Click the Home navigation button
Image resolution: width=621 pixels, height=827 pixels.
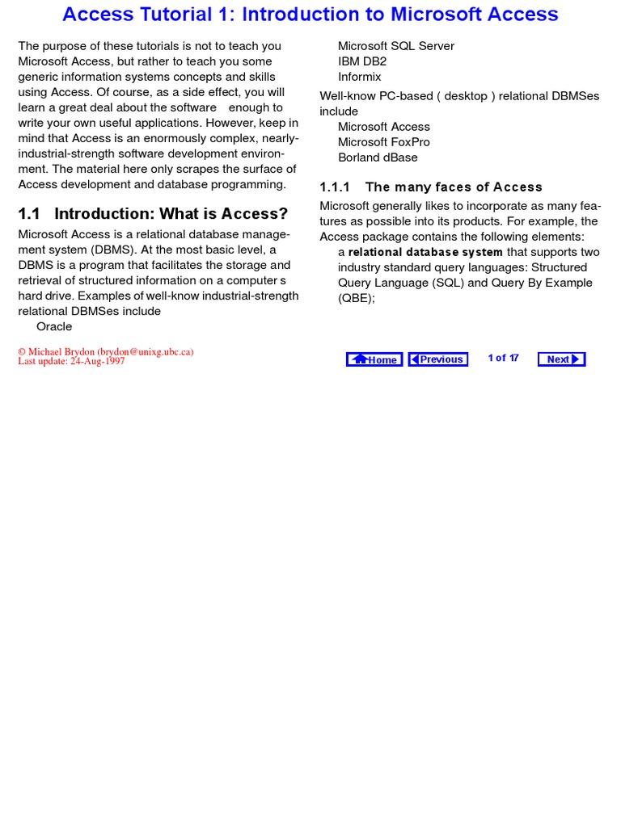(374, 359)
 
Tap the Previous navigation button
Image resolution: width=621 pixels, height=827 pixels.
(437, 359)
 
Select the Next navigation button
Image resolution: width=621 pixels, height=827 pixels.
(561, 359)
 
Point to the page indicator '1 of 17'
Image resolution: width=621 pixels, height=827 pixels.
(503, 358)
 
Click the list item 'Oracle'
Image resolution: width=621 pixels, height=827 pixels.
(54, 326)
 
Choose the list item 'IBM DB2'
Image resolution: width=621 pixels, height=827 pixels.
(362, 61)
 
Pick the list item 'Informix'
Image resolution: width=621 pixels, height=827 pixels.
(359, 77)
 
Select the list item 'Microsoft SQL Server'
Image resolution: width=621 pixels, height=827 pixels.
(395, 46)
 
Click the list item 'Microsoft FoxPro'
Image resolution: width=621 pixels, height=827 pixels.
(383, 142)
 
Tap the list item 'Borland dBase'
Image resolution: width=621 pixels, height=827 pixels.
(378, 157)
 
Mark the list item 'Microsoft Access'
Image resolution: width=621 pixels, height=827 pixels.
(383, 127)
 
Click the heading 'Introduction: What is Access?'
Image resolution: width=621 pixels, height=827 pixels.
(171, 214)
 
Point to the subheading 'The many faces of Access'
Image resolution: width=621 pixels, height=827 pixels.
(454, 187)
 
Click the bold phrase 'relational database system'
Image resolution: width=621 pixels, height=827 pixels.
(425, 252)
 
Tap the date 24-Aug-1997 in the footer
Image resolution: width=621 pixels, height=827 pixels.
(97, 362)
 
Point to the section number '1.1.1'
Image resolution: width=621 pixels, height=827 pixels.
(335, 187)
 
